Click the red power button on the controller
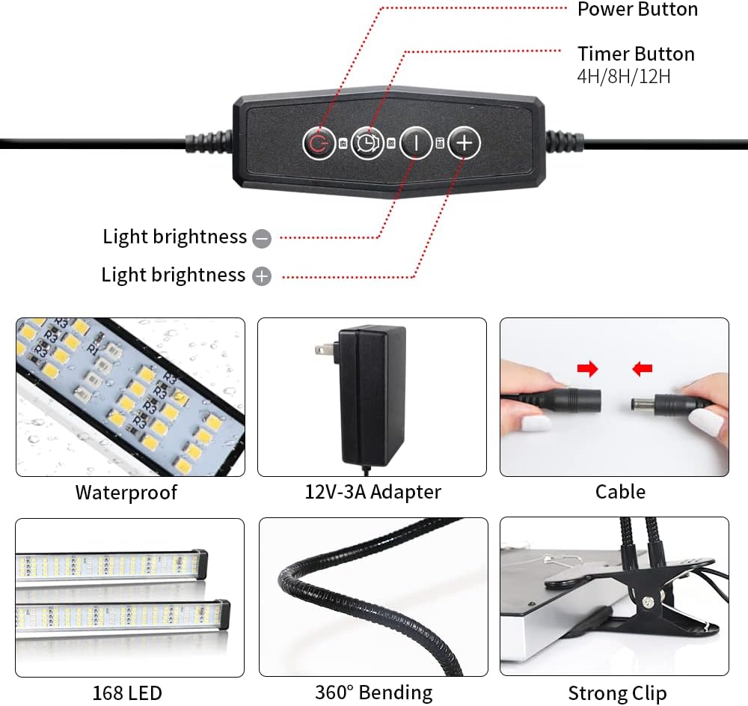pos(319,143)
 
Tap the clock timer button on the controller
pos(367,143)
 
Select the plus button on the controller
pos(465,143)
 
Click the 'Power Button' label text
pos(637,10)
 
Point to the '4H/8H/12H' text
pos(624,76)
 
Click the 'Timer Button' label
pos(636,54)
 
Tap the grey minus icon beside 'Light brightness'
pos(262,239)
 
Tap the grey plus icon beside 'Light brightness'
pos(262,276)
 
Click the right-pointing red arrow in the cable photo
pos(588,368)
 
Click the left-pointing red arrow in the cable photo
pos(642,368)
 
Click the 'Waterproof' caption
pos(126,493)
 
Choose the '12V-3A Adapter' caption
pos(373,492)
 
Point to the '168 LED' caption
pos(127,693)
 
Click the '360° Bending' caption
pos(373,693)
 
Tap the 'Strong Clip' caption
pos(617,693)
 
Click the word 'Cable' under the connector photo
pos(620,492)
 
